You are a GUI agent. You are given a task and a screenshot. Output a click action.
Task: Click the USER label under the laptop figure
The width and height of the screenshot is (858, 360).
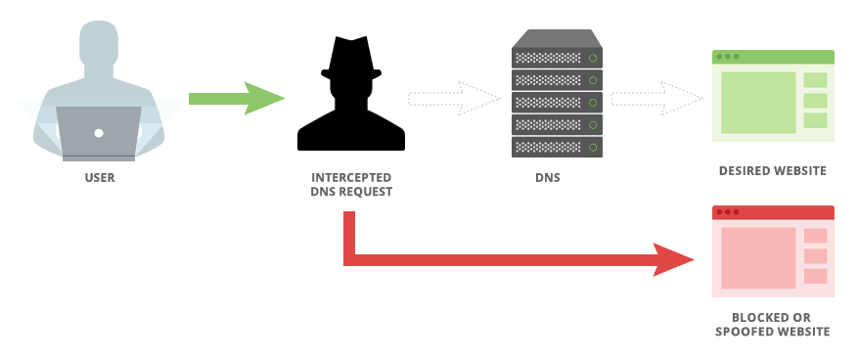coord(99,179)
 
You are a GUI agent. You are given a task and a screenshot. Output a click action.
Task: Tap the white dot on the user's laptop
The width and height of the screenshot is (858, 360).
coord(99,132)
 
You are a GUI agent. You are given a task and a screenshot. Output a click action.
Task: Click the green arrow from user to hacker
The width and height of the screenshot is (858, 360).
coord(235,99)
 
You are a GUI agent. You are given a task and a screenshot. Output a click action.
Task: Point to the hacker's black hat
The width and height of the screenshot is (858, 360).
coord(350,58)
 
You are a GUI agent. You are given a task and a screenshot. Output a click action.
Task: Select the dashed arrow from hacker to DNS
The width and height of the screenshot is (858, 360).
coord(451,99)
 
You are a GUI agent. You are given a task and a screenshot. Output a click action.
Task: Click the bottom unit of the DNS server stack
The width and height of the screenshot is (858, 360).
coord(557,147)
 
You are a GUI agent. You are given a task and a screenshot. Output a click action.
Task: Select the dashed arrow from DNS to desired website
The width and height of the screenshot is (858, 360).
coord(655,99)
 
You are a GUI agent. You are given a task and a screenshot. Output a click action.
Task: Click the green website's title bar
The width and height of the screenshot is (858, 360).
coord(773,58)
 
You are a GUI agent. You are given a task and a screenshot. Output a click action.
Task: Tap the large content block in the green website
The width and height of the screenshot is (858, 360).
coord(758,102)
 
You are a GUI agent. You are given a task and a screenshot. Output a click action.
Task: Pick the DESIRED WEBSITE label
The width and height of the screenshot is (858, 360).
coord(773,171)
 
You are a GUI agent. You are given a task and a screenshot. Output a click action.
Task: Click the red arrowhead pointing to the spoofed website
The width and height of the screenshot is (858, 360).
coord(675,260)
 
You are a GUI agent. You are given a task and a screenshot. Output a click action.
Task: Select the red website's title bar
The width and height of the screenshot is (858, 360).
coord(773,212)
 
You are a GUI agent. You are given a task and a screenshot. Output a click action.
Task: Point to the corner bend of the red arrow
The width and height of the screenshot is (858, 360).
coord(350,258)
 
